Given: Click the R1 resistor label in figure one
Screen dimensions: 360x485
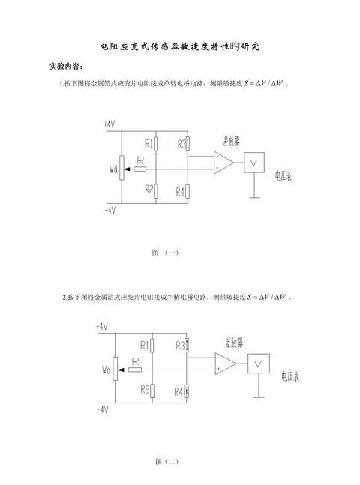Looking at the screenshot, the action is pyautogui.click(x=148, y=143).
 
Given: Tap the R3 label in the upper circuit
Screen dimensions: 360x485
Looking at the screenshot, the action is pyautogui.click(x=181, y=144).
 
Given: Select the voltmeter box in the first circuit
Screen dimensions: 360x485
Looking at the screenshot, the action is pyautogui.click(x=254, y=163).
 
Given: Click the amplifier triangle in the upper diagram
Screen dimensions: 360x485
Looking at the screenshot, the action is pyautogui.click(x=223, y=163).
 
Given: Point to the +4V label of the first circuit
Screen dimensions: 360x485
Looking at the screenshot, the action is pyautogui.click(x=109, y=124).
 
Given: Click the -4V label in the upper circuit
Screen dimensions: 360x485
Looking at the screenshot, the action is pyautogui.click(x=110, y=211).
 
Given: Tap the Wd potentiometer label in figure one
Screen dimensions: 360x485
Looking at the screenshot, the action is pyautogui.click(x=113, y=169).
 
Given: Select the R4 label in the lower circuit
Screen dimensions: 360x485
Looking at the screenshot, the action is pyautogui.click(x=178, y=392).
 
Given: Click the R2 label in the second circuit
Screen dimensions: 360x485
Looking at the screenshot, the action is pyautogui.click(x=145, y=389).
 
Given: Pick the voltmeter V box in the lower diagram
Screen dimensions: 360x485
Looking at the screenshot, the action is pyautogui.click(x=259, y=364).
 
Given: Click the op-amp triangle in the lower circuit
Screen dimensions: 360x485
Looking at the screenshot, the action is pyautogui.click(x=226, y=364).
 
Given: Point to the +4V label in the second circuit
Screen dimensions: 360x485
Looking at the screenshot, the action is pyautogui.click(x=102, y=326).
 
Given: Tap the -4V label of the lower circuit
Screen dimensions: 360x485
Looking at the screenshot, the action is pyautogui.click(x=103, y=410).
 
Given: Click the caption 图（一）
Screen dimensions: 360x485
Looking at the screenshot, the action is pyautogui.click(x=165, y=253).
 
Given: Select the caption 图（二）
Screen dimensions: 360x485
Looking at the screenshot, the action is pyautogui.click(x=166, y=462).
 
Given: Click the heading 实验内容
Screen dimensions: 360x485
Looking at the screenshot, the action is pyautogui.click(x=66, y=66).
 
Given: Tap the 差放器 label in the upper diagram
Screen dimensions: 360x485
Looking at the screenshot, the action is pyautogui.click(x=231, y=142).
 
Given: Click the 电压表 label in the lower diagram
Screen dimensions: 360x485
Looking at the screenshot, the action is pyautogui.click(x=290, y=376).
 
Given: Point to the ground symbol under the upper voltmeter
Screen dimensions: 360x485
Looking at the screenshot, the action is pyautogui.click(x=254, y=197).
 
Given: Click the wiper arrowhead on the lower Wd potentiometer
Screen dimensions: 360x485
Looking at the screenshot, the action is pyautogui.click(x=121, y=370).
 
